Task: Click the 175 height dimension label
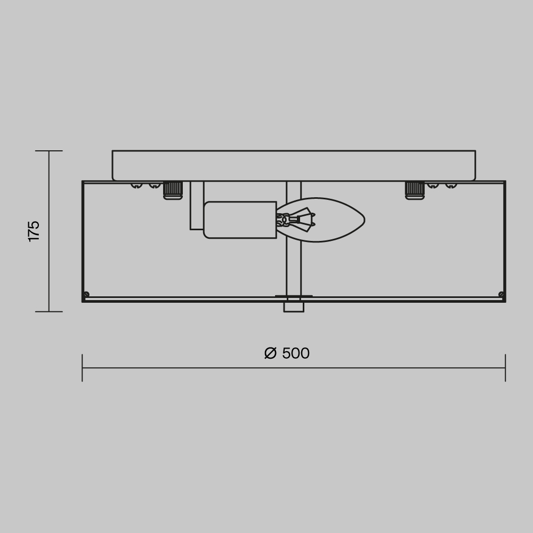click(x=34, y=231)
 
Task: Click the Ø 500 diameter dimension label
click(x=287, y=353)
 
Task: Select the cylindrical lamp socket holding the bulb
click(x=240, y=220)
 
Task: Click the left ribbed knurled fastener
click(x=173, y=190)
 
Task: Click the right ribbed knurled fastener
click(x=415, y=190)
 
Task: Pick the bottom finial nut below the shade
click(x=294, y=306)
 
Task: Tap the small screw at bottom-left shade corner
click(x=86, y=294)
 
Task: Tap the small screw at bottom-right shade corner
click(x=501, y=294)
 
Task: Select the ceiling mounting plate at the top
click(x=294, y=165)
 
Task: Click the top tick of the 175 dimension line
click(x=49, y=151)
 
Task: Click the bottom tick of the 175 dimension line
click(x=49, y=311)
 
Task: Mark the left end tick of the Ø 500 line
click(x=82, y=368)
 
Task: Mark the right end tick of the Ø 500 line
click(x=505, y=368)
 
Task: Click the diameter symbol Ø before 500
click(x=271, y=353)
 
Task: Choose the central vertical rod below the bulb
click(x=294, y=266)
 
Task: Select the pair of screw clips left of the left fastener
click(x=146, y=185)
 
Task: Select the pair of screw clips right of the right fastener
click(x=441, y=185)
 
